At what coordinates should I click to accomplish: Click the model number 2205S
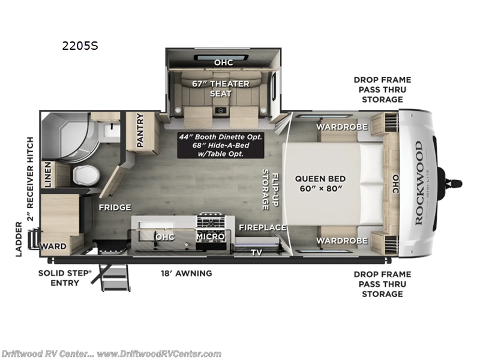pos(80,46)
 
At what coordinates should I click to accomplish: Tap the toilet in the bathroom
pos(86,175)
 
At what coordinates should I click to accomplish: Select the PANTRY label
pos(140,130)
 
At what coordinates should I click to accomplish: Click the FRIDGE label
pos(115,207)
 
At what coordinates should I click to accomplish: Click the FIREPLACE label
pos(263,227)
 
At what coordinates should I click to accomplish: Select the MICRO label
pos(211,236)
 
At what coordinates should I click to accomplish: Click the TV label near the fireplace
pos(257,252)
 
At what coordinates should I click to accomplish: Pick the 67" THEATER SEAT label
pos(221,88)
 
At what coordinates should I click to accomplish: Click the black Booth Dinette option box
pos(221,145)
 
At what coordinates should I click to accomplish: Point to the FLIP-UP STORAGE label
pos(271,190)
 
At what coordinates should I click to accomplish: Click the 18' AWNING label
pos(187,273)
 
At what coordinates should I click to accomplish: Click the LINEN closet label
pos(48,175)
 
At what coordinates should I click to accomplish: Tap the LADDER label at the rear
pos(19,239)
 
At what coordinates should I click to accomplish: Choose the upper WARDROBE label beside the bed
pos(342,127)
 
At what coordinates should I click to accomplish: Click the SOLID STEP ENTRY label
pos(65,278)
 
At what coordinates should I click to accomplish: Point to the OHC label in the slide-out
pos(223,62)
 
